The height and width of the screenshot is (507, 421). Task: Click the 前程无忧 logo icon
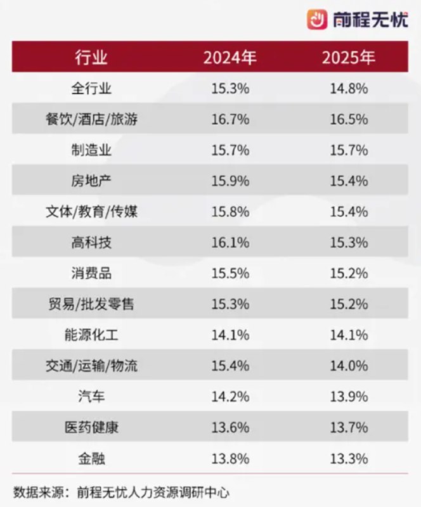[x=317, y=20]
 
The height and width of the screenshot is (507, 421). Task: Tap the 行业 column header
[x=91, y=58]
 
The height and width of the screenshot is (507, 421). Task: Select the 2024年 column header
[x=230, y=58]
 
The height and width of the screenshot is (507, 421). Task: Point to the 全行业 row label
[x=91, y=89]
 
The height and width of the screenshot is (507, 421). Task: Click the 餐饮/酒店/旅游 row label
[x=91, y=120]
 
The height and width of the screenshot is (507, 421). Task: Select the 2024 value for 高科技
[x=230, y=243]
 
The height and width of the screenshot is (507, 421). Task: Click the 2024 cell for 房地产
[x=230, y=181]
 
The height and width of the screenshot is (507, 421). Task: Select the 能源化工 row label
[x=91, y=335]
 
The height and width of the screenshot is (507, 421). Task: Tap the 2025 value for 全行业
[x=349, y=89]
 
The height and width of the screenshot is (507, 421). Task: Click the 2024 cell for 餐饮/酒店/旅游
[x=230, y=120]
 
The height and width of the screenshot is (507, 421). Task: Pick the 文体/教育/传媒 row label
[x=91, y=212]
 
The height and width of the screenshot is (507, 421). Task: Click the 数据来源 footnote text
[x=120, y=491]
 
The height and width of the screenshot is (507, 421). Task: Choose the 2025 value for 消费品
[x=349, y=274]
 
